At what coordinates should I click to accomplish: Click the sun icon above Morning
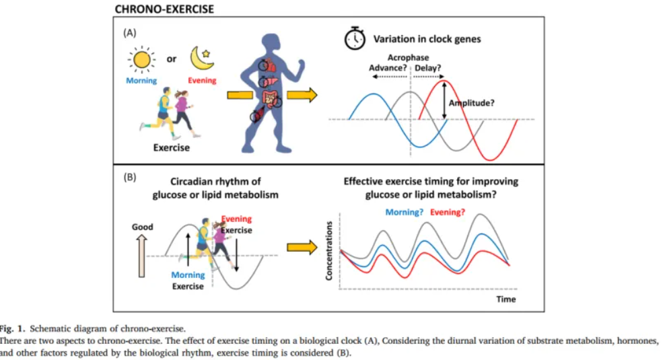click(141, 59)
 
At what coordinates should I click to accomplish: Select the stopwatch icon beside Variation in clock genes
click(355, 38)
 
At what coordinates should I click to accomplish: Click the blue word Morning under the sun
click(141, 81)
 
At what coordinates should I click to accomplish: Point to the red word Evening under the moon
click(202, 81)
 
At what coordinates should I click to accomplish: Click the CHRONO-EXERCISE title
click(164, 9)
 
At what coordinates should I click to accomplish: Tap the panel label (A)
click(129, 32)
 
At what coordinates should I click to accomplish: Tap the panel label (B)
click(129, 176)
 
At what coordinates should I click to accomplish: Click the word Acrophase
click(408, 58)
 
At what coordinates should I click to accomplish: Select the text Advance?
click(388, 68)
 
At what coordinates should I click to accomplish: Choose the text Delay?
click(428, 68)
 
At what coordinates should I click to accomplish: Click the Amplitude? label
click(471, 103)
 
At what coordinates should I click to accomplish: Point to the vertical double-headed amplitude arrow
click(444, 100)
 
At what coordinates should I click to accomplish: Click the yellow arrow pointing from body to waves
click(302, 95)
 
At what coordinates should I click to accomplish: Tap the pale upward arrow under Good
click(141, 256)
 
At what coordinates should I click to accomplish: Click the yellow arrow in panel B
click(302, 247)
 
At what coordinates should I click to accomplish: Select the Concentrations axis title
click(328, 251)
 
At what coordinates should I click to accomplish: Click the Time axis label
click(506, 299)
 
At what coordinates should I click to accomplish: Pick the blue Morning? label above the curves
click(405, 213)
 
